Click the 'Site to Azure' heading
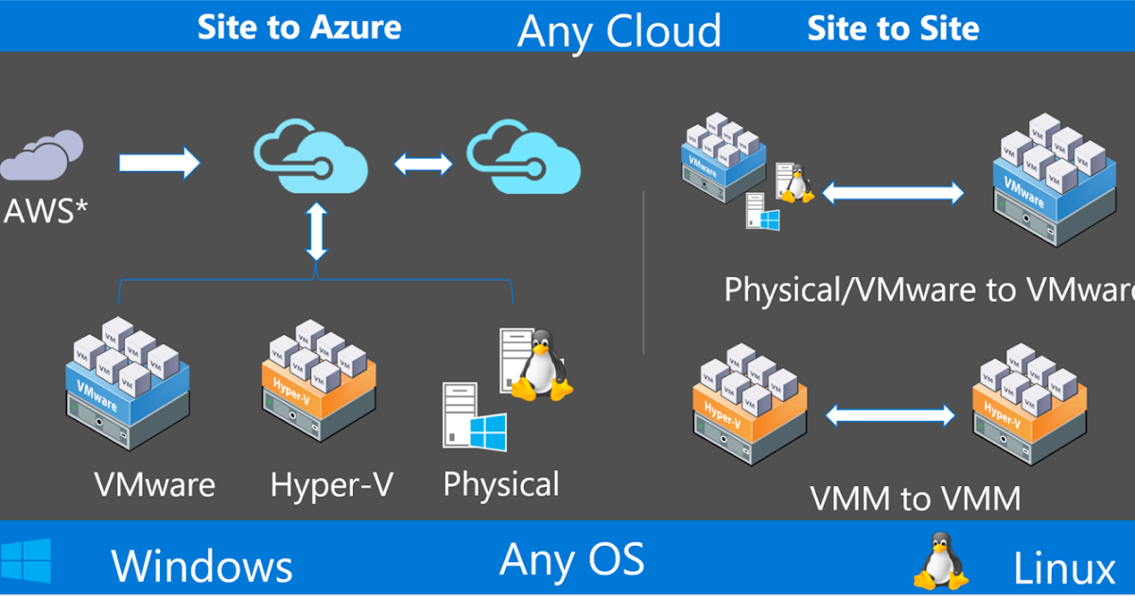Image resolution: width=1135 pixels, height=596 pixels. pyautogui.click(x=299, y=27)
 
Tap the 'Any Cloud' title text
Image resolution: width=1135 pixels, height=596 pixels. pyautogui.click(x=620, y=31)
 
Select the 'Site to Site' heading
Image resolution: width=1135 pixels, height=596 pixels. pyautogui.click(x=893, y=28)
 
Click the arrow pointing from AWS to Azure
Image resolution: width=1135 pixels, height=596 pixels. pyautogui.click(x=159, y=163)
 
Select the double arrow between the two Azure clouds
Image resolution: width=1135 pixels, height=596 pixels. pyautogui.click(x=424, y=164)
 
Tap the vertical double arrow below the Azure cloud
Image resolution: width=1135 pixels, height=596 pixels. pyautogui.click(x=317, y=230)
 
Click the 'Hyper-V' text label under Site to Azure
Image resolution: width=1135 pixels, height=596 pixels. pyautogui.click(x=331, y=485)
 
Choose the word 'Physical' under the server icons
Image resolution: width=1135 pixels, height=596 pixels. pyautogui.click(x=501, y=485)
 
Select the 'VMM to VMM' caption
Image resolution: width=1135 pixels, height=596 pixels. pyautogui.click(x=916, y=499)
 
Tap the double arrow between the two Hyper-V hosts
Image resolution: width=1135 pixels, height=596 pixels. pyautogui.click(x=891, y=414)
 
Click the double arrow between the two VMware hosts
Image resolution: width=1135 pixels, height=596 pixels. pyautogui.click(x=892, y=194)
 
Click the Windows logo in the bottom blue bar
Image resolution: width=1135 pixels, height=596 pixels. pyautogui.click(x=26, y=562)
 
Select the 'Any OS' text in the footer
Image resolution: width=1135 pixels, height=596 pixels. pyautogui.click(x=571, y=559)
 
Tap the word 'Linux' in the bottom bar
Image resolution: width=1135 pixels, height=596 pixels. pyautogui.click(x=1064, y=570)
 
